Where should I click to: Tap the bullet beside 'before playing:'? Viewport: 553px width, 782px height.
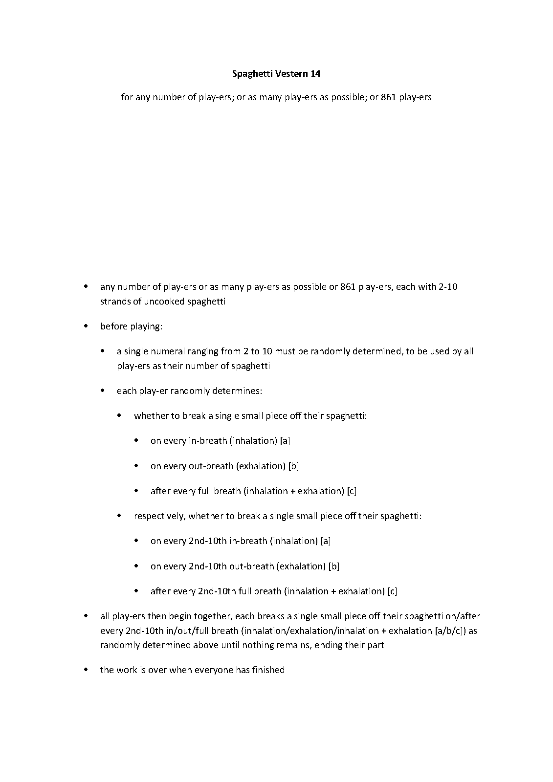86,326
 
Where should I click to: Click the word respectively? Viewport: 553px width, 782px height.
160,516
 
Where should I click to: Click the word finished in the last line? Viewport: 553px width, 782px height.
268,670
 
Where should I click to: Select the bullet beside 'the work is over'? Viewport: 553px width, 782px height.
86,670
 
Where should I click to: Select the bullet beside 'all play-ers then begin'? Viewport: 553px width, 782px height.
86,616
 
